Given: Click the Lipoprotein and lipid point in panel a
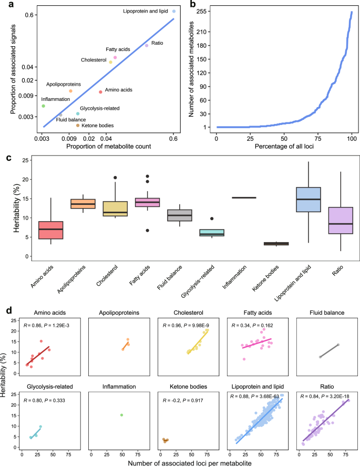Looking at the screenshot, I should [x=173, y=11].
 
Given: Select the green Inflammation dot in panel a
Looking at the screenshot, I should [x=44, y=106].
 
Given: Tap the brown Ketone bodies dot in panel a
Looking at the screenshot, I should [x=78, y=125].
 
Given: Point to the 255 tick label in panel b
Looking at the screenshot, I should [x=205, y=11].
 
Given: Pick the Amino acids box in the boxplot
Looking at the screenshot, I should [x=52, y=230].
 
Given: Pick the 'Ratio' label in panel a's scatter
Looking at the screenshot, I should [x=157, y=43].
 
